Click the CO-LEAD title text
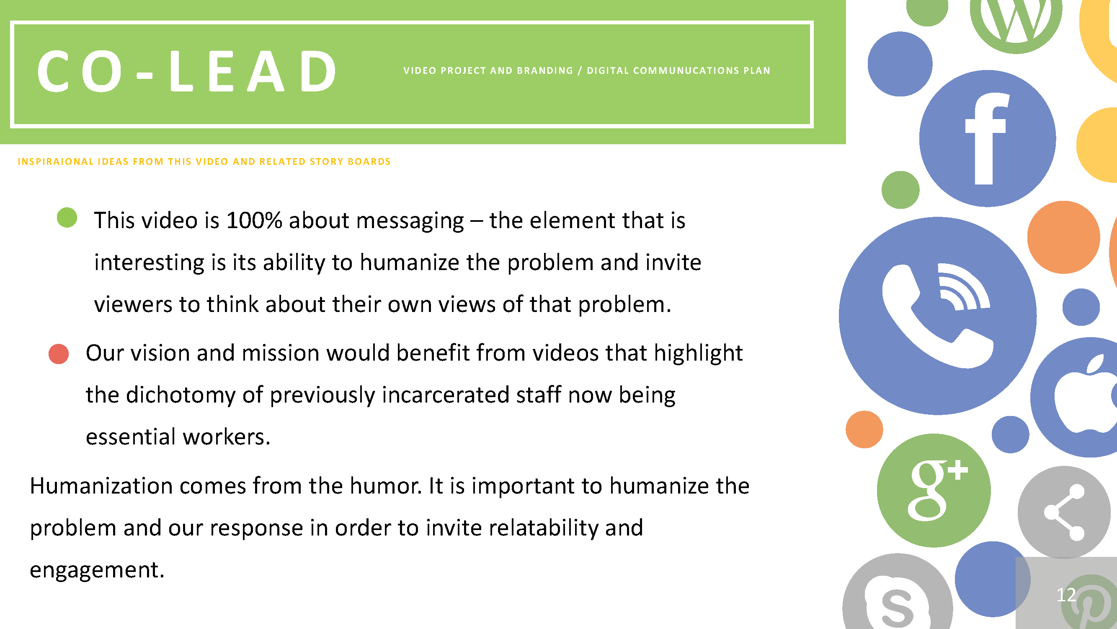coord(187,71)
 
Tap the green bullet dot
coord(67,218)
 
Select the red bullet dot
coord(59,354)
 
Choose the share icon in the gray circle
coord(1065,512)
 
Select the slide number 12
coord(1066,595)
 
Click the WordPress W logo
coord(1016,20)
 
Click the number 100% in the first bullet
coord(254,220)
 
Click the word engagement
coord(97,570)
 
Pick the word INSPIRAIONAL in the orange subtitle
coord(56,161)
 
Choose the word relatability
coord(544,528)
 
